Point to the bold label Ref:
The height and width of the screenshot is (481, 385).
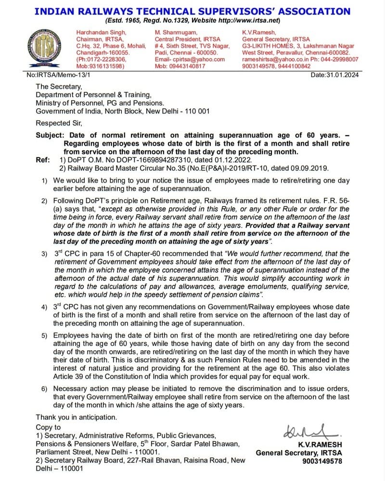pyautogui.click(x=43, y=159)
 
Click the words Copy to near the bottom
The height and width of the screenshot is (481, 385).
pyautogui.click(x=48, y=427)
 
